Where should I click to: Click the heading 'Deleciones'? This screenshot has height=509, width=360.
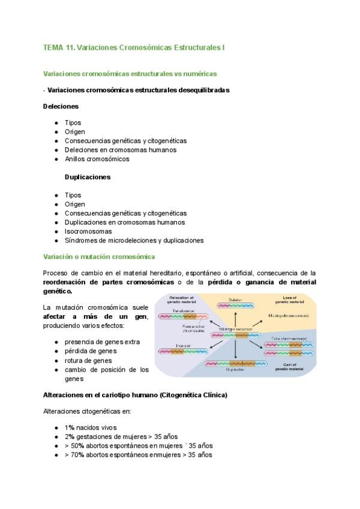coord(61,106)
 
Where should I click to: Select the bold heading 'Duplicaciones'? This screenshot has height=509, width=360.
coord(88,177)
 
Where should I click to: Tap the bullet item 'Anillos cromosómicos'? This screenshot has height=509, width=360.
coord(97,159)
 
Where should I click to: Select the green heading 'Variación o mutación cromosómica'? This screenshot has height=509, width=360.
coord(99,257)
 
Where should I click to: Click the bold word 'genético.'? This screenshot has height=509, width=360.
coord(58,291)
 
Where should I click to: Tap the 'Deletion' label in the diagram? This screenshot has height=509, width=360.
coord(235,299)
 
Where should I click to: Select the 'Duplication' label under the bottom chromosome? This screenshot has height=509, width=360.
coord(235,370)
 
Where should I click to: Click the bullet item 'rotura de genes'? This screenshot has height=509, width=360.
coord(90,361)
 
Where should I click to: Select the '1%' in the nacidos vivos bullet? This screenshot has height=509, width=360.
coord(70,427)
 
